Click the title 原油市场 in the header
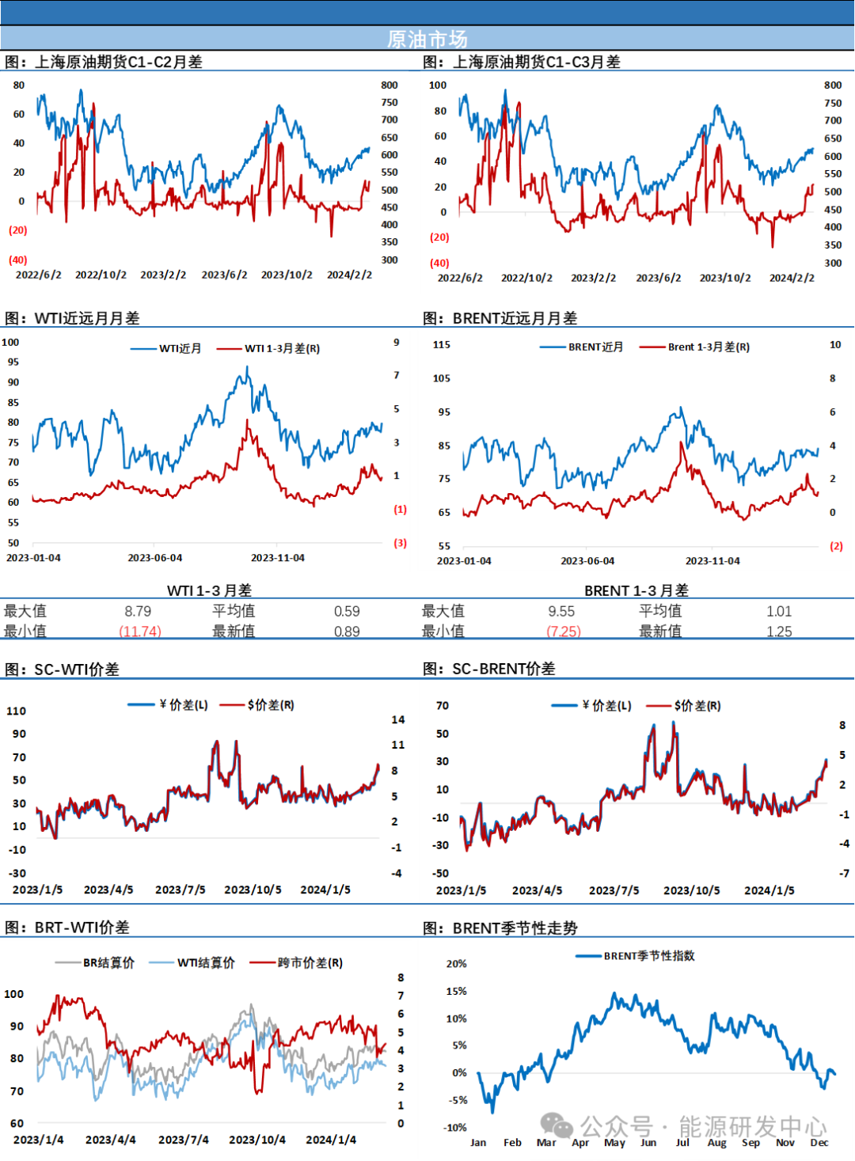tap(427, 39)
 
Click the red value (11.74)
tap(140, 632)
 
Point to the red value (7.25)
tap(564, 632)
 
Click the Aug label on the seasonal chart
tap(716, 1143)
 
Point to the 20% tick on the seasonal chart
tap(456, 964)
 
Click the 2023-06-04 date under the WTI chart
tap(155, 558)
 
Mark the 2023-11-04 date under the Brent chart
tap(712, 561)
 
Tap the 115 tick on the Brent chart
tap(442, 345)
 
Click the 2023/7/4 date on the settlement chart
tap(184, 1140)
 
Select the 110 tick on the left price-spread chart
tap(17, 711)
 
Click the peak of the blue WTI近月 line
tap(247, 367)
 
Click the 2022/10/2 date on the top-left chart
tap(101, 275)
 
